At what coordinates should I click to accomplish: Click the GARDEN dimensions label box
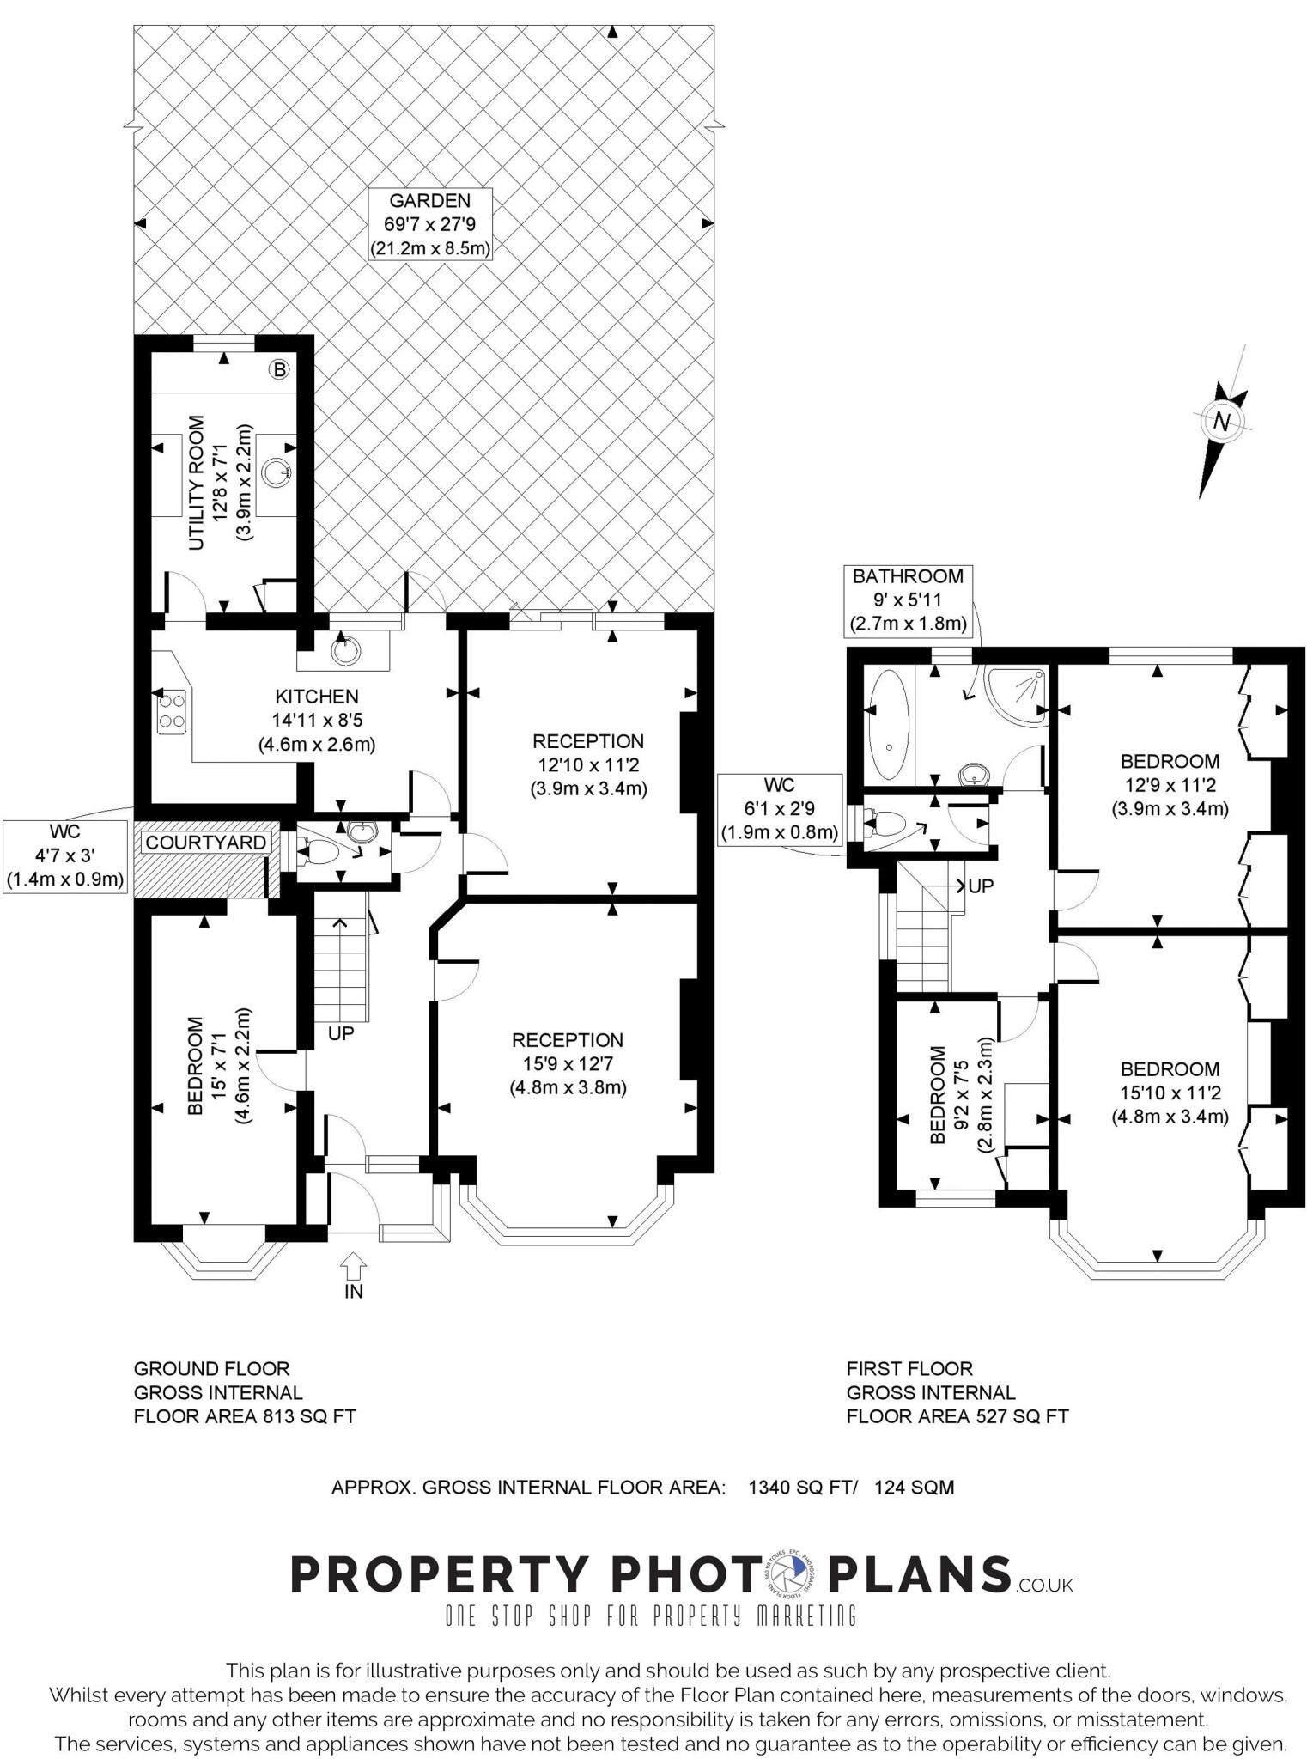[430, 224]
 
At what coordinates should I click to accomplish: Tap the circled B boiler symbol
[279, 370]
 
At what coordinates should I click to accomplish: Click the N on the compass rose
[1221, 422]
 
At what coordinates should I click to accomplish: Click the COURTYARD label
[205, 843]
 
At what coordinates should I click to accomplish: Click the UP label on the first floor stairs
[981, 886]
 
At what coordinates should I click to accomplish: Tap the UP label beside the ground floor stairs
[341, 1033]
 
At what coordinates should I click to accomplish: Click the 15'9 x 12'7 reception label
[568, 1064]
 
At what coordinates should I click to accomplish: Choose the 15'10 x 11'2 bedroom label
[1170, 1093]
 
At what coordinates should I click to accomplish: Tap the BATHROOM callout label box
[908, 600]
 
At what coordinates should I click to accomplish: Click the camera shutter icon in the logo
[790, 1573]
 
